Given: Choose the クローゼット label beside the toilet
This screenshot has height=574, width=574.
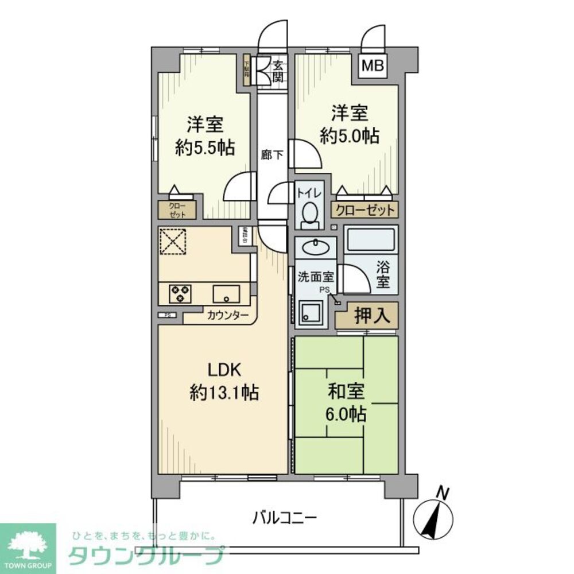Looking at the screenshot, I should pyautogui.click(x=364, y=210).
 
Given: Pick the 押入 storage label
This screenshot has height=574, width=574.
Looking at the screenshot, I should pyautogui.click(x=367, y=315).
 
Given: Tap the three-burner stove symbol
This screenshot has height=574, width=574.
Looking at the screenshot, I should pyautogui.click(x=180, y=294).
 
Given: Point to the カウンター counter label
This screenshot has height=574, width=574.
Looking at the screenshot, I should pyautogui.click(x=228, y=315).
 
